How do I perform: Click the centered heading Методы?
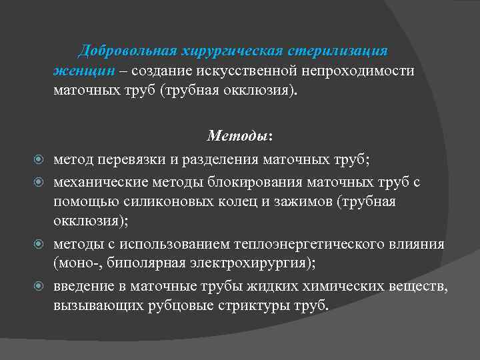click(x=237, y=136)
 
